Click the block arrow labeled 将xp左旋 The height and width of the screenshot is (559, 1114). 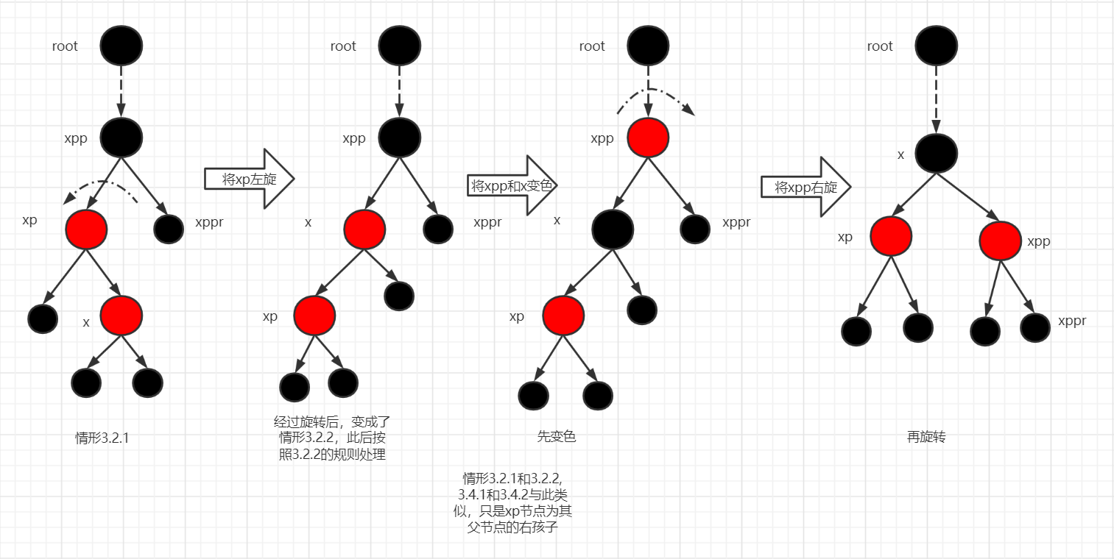(249, 179)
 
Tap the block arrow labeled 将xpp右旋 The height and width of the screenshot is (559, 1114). (805, 188)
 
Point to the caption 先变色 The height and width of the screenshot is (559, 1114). (556, 437)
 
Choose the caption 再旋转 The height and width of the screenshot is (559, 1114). (926, 437)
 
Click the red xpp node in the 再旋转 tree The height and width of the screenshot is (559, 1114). (1000, 240)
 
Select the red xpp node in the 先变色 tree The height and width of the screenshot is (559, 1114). (648, 138)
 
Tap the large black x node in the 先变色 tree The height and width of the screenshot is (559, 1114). (613, 229)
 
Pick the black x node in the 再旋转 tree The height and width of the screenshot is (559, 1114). (936, 153)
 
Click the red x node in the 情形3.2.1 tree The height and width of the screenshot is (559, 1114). (121, 315)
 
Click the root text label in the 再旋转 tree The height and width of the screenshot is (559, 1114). (880, 46)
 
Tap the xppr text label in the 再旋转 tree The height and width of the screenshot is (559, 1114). (1072, 321)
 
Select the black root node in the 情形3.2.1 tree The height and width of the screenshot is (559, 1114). (121, 45)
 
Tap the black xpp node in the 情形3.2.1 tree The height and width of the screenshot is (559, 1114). (121, 137)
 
